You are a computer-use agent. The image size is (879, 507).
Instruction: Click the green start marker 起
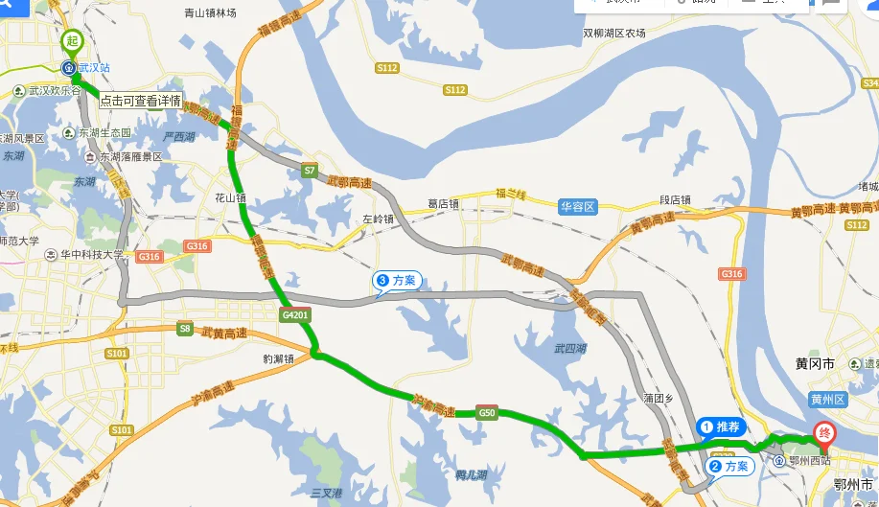(x=72, y=41)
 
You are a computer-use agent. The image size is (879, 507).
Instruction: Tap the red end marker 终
(x=822, y=433)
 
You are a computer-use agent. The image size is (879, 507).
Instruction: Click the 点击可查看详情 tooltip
(x=138, y=100)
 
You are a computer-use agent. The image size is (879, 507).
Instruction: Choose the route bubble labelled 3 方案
(x=397, y=280)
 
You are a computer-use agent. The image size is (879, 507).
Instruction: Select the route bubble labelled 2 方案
(x=729, y=467)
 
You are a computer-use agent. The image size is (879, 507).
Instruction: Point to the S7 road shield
(x=309, y=171)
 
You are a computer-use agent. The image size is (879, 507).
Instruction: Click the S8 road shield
(x=185, y=328)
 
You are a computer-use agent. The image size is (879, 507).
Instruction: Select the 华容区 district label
(x=578, y=206)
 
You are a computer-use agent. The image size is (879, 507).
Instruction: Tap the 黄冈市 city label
(x=816, y=363)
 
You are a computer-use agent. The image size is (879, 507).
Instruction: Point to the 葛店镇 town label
(x=444, y=203)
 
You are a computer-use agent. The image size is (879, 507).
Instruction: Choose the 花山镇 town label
(x=230, y=199)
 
